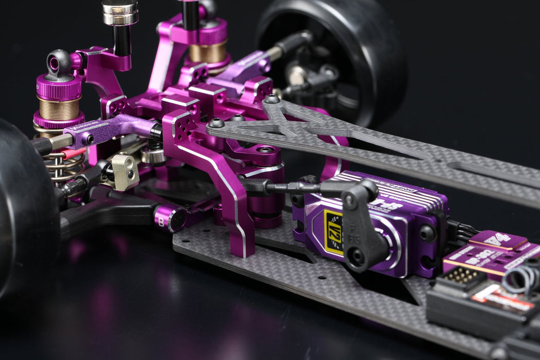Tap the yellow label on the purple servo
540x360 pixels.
[x=333, y=232]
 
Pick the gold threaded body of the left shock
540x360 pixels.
[x=58, y=108]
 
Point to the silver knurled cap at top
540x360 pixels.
[x=119, y=12]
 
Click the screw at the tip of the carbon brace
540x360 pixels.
[x=216, y=123]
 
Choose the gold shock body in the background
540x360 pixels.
[x=208, y=53]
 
